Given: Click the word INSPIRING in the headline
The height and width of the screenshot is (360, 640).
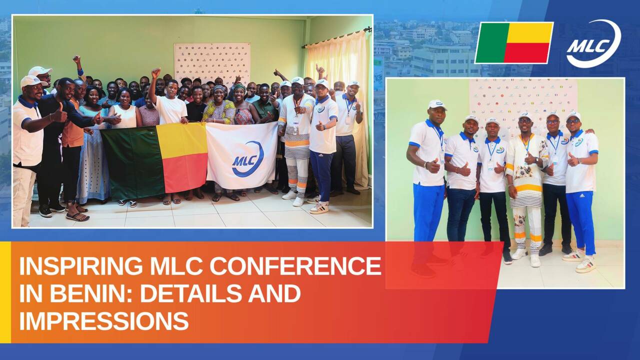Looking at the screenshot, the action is point(80,266).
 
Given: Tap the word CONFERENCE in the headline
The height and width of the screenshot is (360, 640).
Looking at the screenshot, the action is point(295,266).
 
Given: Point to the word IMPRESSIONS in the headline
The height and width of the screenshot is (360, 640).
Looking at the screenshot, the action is point(104,320).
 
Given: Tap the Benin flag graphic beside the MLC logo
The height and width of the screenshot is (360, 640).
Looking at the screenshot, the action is point(514,43).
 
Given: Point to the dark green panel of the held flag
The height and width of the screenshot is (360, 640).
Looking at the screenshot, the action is point(132,163).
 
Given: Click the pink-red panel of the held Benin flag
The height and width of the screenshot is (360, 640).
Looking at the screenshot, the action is point(185,172).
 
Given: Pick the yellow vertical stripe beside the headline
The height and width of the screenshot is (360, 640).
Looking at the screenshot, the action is point(5,292).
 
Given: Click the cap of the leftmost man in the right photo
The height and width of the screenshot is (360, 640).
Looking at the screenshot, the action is point(437,104).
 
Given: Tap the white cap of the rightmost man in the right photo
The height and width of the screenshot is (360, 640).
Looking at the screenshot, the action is point(573,115).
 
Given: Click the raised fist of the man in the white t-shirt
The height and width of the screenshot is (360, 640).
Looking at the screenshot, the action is point(156,73).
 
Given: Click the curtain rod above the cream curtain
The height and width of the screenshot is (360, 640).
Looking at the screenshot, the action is point(337,37).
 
